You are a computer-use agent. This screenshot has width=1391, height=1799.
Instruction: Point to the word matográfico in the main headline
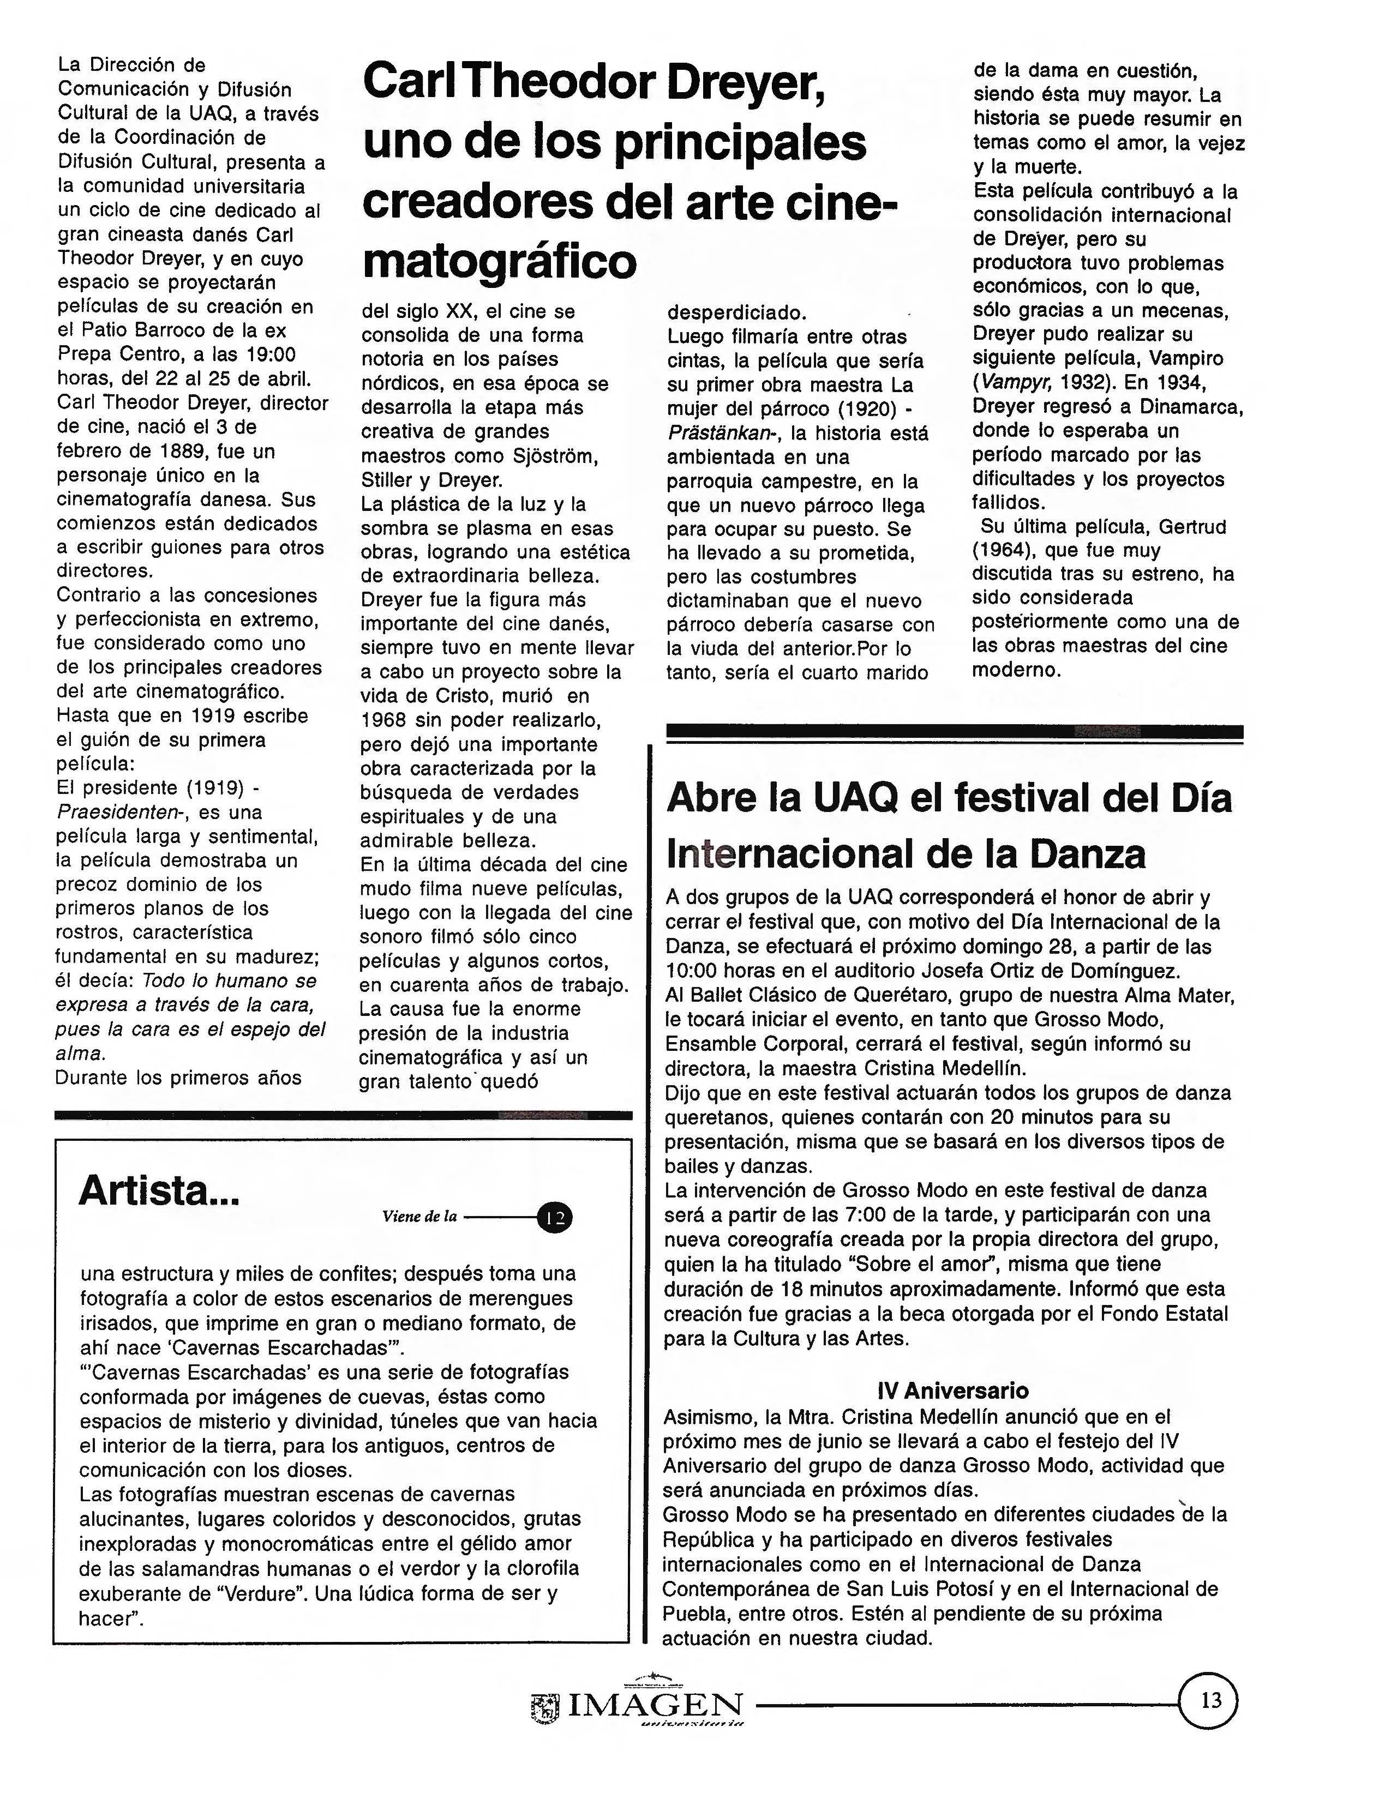pos(499,262)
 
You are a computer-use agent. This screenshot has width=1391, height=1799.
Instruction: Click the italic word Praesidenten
pos(118,812)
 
